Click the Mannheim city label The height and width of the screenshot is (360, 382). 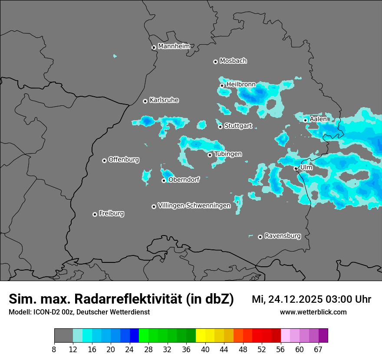coord(174,46)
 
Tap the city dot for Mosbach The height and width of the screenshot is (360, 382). coord(215,62)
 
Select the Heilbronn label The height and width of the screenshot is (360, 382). coord(241,85)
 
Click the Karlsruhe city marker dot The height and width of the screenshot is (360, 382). coord(145,101)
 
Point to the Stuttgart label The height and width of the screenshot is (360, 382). coord(238,126)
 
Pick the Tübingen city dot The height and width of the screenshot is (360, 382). coord(210,155)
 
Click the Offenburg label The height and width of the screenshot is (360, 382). coord(124,160)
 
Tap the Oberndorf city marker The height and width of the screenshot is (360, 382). coord(164,180)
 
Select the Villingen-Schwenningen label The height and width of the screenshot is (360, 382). coord(194,206)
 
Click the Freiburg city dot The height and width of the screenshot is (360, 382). coord(95,214)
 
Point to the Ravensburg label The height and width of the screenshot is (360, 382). coord(283,236)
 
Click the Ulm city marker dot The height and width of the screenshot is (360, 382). coord(296,168)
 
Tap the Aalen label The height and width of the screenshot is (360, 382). coord(318,119)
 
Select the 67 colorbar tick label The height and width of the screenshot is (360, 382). coord(318,349)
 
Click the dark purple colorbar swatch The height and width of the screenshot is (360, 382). coord(323,336)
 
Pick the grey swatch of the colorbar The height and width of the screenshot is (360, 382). coord(63,336)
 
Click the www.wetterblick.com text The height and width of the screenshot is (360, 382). coord(313,312)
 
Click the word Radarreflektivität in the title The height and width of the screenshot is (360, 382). coord(128,299)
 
